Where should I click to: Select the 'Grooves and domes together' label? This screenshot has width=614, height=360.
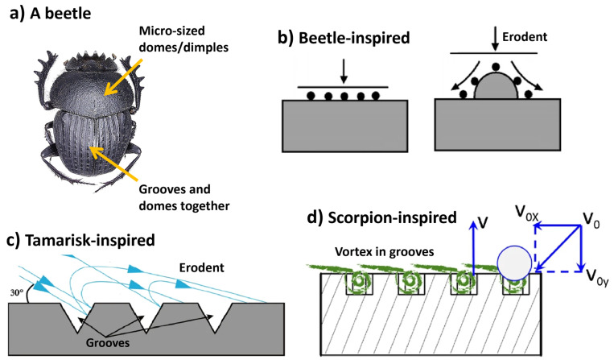click(184, 198)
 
